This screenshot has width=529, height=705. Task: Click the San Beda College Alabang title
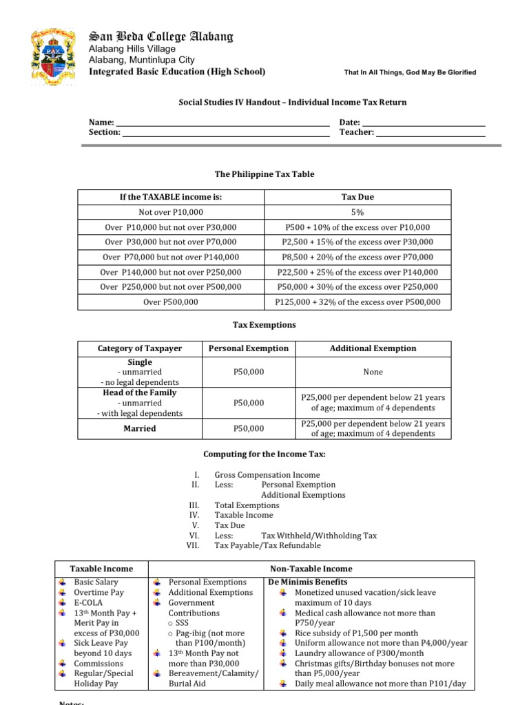coord(159,36)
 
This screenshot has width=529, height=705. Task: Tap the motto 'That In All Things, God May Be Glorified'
coord(409,73)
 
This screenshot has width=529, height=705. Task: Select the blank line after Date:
coord(424,123)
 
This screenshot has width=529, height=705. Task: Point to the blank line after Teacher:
coord(431,133)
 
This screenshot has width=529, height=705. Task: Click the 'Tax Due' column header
coord(357,197)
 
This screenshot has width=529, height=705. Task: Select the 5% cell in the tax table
coord(357,212)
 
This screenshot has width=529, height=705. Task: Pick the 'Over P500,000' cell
coord(171,302)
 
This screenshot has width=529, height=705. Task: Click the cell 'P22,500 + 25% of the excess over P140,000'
coord(357,272)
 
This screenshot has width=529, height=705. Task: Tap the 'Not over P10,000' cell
coord(171,212)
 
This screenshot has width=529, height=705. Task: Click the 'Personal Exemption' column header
coord(248,348)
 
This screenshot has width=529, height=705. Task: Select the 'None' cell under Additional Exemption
coord(373,372)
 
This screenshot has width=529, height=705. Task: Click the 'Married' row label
coord(140,428)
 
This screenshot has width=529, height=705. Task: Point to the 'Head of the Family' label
coord(140,392)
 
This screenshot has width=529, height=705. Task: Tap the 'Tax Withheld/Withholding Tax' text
coord(319,535)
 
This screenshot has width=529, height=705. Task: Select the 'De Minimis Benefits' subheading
coord(307,582)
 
